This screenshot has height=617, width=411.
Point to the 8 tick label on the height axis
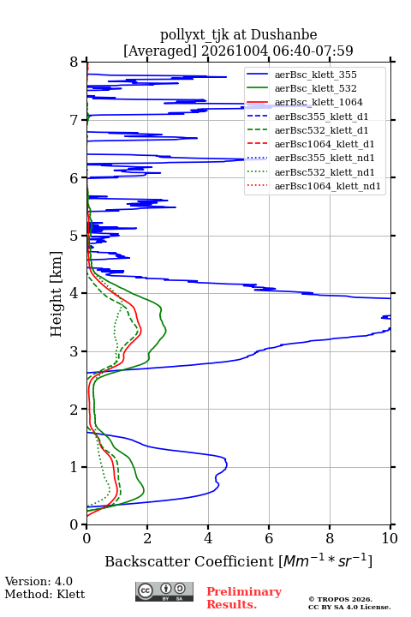pos(74,62)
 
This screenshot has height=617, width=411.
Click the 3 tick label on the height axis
pos(74,351)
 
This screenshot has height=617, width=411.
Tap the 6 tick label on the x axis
pos(269,538)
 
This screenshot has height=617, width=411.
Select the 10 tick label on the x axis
pos(390,538)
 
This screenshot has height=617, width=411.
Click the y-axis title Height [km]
pos(56,294)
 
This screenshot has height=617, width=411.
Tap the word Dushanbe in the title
pos(283,34)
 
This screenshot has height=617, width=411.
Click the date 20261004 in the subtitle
pos(235,51)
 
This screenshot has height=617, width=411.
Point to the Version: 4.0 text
pos(39,582)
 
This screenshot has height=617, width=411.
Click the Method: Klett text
pos(45,594)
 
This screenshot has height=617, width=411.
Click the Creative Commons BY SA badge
pos(164,592)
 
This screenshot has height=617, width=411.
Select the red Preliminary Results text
pos(244,598)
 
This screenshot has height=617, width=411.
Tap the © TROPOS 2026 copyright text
pos(341,599)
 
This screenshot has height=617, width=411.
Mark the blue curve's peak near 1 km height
pos(227,466)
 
